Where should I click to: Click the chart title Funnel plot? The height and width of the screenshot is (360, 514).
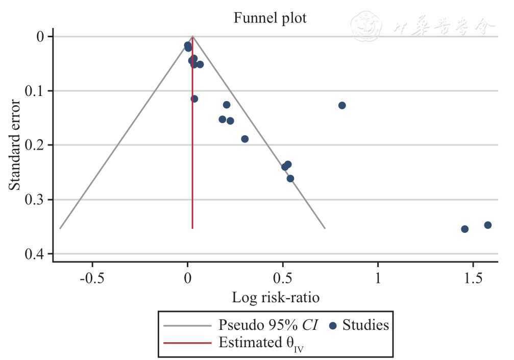coord(270,18)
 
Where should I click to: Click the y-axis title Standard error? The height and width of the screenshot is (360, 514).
coord(15,145)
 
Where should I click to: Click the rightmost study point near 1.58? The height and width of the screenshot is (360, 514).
coord(487,225)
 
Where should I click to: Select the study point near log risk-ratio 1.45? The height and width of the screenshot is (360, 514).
coord(464,229)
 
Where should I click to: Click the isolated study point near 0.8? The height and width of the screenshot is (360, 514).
coord(342,105)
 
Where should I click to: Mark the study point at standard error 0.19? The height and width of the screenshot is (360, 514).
coord(244,139)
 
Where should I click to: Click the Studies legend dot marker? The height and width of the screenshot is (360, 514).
coord(333,325)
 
